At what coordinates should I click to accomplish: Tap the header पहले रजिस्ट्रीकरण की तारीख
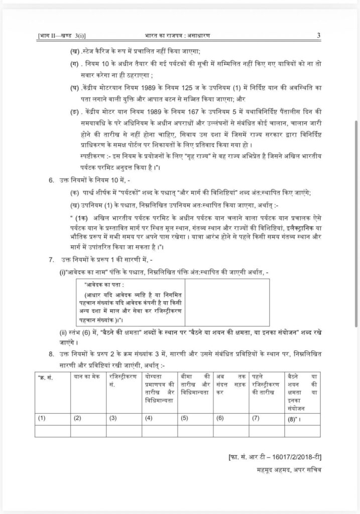267,381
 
